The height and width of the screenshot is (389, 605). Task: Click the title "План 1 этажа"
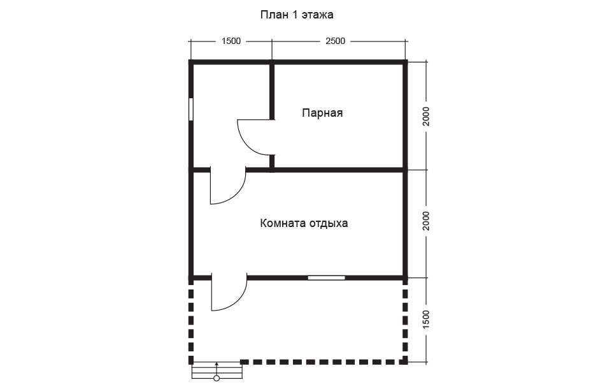(x=297, y=15)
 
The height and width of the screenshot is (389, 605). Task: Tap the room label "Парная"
(x=322, y=113)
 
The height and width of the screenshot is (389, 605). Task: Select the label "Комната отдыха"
(x=304, y=223)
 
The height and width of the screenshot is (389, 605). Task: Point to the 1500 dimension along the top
(x=231, y=41)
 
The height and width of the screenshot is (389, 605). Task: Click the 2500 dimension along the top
(x=335, y=41)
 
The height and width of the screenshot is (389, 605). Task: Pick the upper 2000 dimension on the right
(x=426, y=116)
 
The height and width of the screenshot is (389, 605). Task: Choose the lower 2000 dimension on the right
(x=426, y=221)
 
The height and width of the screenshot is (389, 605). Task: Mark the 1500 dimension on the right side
(x=426, y=319)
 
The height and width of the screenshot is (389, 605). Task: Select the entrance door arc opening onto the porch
(x=238, y=300)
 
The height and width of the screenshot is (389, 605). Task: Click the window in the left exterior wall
(x=190, y=109)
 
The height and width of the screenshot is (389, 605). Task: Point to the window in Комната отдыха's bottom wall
(x=327, y=277)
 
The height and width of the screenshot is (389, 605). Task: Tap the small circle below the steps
(x=217, y=379)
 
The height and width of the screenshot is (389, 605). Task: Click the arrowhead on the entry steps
(x=217, y=364)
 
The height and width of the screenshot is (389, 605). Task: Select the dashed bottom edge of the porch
(x=324, y=362)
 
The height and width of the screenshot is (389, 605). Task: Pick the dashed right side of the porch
(x=405, y=321)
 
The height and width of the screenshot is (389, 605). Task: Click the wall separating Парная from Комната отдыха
(x=338, y=170)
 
